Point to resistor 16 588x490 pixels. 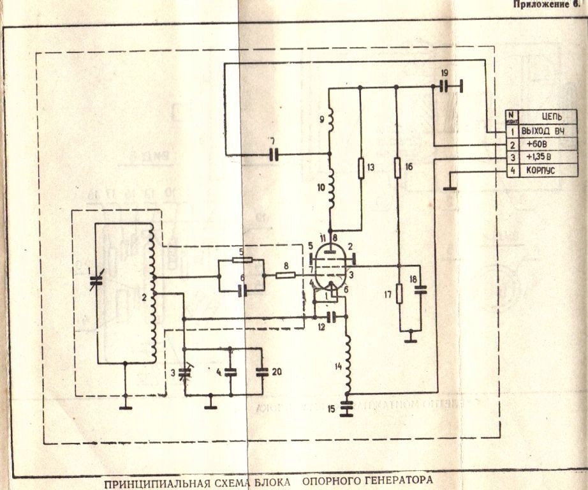397,169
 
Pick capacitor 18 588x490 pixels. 420,290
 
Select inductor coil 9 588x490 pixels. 330,121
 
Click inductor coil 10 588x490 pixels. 330,189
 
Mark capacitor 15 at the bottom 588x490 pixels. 347,408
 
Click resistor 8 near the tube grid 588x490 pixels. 285,276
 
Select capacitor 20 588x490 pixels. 261,372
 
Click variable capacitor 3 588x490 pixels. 184,372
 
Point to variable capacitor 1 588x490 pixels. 96,281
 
